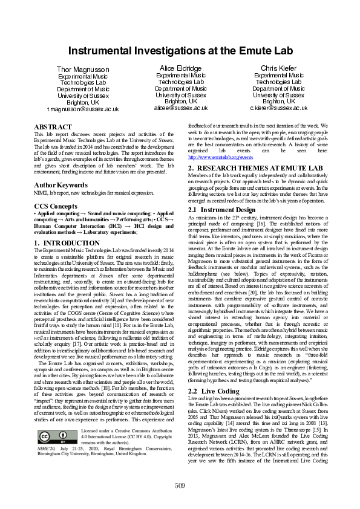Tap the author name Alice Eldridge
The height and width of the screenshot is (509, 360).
click(181, 68)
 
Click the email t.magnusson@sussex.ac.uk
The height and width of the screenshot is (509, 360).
click(83, 109)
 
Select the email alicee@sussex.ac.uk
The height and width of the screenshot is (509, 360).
click(181, 108)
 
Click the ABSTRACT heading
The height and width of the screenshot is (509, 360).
click(53, 128)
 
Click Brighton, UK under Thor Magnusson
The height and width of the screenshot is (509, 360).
click(83, 103)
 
